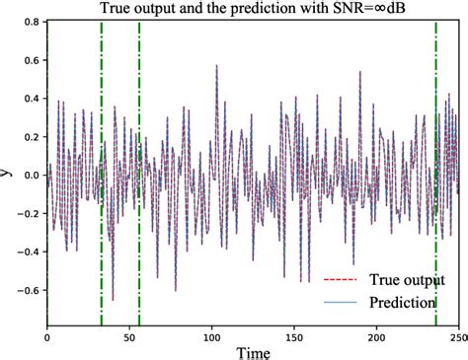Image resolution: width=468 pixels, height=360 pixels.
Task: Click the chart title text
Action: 255,10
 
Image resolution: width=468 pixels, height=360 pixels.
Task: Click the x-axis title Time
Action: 252,350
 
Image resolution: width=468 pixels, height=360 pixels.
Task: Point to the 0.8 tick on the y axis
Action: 30,21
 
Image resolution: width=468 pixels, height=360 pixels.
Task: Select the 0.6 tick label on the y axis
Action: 30,59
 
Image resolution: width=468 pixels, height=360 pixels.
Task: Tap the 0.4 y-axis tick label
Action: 30,98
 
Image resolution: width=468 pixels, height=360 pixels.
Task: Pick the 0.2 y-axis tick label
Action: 30,136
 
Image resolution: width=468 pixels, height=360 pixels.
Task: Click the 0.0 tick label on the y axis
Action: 30,175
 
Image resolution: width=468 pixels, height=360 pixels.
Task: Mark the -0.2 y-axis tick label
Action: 28,213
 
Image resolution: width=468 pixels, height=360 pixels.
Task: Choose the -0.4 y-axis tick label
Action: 28,252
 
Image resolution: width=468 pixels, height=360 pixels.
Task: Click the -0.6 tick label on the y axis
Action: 28,290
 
